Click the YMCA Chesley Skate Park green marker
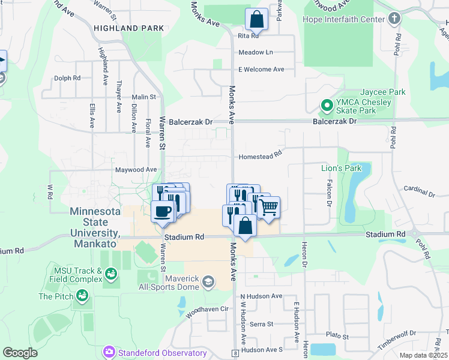(327, 106)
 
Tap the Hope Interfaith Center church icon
(394, 19)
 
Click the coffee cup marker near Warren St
(163, 211)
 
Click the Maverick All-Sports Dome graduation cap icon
(208, 281)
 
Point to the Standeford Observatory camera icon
(109, 351)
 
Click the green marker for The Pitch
(82, 296)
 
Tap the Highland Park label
(128, 28)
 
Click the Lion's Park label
(342, 168)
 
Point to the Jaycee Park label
(382, 92)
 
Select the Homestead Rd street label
(261, 155)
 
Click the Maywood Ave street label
(136, 170)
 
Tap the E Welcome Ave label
(261, 70)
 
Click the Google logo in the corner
(20, 353)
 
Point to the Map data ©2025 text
(423, 355)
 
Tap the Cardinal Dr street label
(419, 191)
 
